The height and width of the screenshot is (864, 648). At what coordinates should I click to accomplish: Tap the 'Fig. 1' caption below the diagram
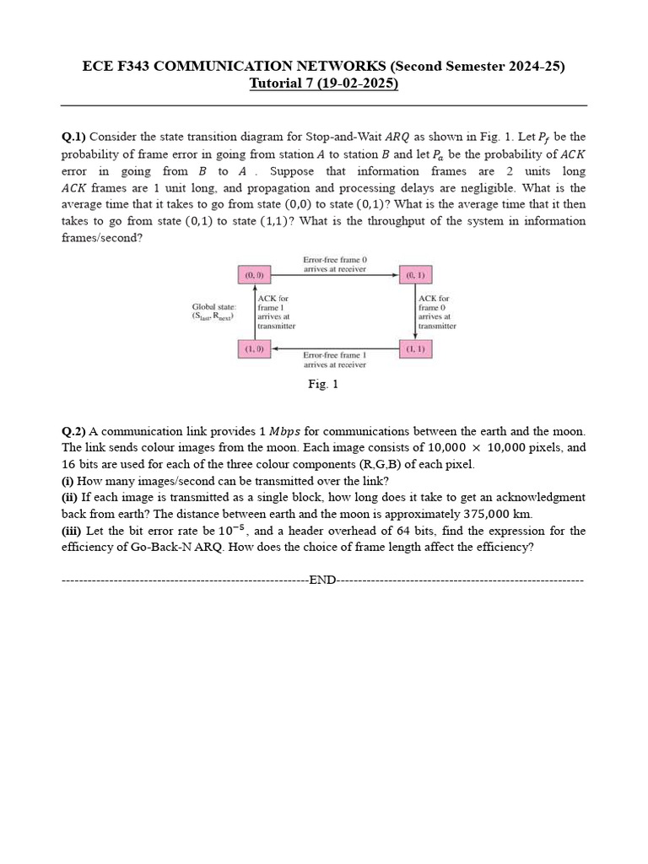point(323,385)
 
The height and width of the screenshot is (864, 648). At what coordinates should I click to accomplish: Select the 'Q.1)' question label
point(73,137)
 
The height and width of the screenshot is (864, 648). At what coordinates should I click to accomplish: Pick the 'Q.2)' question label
point(73,431)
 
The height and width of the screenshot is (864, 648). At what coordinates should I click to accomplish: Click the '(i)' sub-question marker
point(67,481)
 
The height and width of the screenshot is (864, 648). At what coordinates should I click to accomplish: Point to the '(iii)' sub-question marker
point(71,531)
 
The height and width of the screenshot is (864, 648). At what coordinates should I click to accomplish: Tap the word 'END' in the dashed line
point(323,580)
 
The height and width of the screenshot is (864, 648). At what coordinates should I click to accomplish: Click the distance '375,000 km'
point(499,514)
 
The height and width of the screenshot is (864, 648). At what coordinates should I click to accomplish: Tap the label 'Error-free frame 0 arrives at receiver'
point(335,264)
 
